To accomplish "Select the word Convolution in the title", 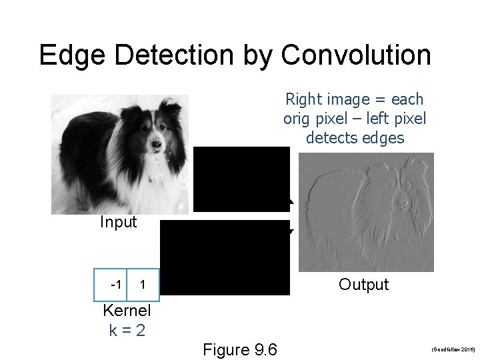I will pos(356,55).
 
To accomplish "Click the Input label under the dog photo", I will pos(118,222).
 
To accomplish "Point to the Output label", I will pos(363,285).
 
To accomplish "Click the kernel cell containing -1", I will pos(115,285).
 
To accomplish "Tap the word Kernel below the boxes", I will pos(127,311).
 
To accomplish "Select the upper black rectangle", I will pos(242,179).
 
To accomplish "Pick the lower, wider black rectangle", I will pos(225,257).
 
